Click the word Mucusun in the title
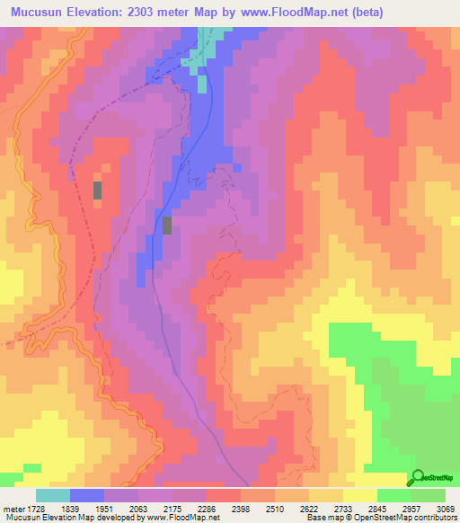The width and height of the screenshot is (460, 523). [40, 13]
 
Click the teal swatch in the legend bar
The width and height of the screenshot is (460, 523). [52, 495]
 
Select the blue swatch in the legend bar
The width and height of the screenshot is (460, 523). [86, 495]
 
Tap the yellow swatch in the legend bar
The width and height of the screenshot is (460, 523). [359, 495]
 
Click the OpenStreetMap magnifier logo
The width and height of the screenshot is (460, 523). [418, 477]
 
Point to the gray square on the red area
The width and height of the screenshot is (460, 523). [98, 191]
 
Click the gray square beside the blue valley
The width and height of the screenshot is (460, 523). [167, 225]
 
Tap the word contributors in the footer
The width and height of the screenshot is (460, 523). [434, 519]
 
